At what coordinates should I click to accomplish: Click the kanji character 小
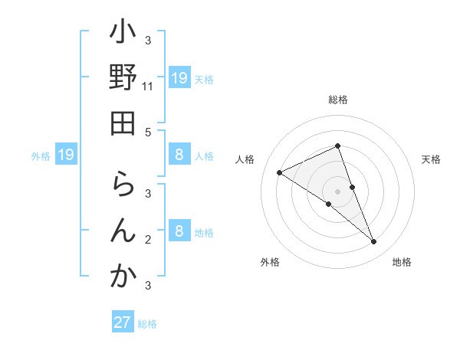[x=123, y=33]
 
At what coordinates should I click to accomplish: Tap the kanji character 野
[x=123, y=78]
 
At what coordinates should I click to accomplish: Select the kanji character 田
[x=123, y=123]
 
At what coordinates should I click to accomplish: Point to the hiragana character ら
[x=123, y=186]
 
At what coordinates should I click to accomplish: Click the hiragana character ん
[x=123, y=231]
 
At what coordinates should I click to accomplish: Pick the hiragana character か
[x=123, y=277]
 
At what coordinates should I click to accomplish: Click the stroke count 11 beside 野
[x=148, y=87]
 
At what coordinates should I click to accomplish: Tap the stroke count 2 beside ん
[x=148, y=240]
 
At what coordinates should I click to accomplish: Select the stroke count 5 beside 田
[x=148, y=132]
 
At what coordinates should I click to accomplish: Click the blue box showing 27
[x=123, y=322]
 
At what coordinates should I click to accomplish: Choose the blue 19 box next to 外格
[x=66, y=155]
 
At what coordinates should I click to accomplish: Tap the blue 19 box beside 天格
[x=179, y=78]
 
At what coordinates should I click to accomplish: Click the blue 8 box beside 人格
[x=179, y=155]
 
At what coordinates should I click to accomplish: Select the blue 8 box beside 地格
[x=179, y=232]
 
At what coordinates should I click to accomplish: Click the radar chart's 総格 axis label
[x=338, y=100]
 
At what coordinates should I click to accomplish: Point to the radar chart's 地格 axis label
[x=402, y=262]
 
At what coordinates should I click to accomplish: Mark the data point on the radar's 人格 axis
[x=280, y=172]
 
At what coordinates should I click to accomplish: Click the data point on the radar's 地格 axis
[x=374, y=242]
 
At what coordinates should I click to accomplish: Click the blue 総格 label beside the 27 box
[x=147, y=324]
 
